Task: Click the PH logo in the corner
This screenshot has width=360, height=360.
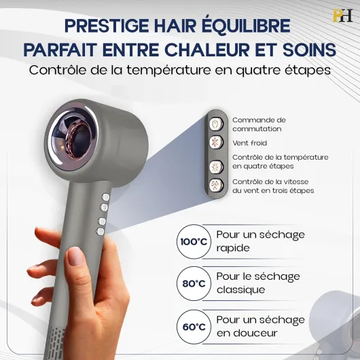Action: tap(342, 16)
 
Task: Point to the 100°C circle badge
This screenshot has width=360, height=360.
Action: tap(194, 242)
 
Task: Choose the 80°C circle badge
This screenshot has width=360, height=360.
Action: tap(194, 283)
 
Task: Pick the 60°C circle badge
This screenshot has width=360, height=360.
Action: tap(194, 327)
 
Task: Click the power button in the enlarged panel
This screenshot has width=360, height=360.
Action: tap(216, 124)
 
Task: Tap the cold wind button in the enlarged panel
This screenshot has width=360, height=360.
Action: tap(216, 143)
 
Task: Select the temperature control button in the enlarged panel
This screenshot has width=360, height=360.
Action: tap(216, 166)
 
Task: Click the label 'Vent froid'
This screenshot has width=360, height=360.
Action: tap(249, 143)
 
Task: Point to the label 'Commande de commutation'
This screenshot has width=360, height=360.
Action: tap(259, 124)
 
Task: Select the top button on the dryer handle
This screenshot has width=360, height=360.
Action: tap(105, 197)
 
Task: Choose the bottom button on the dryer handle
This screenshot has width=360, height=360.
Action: tap(101, 232)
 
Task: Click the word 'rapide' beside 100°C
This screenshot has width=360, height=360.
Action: tap(233, 248)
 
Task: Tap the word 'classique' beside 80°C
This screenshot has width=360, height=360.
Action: tap(241, 290)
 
